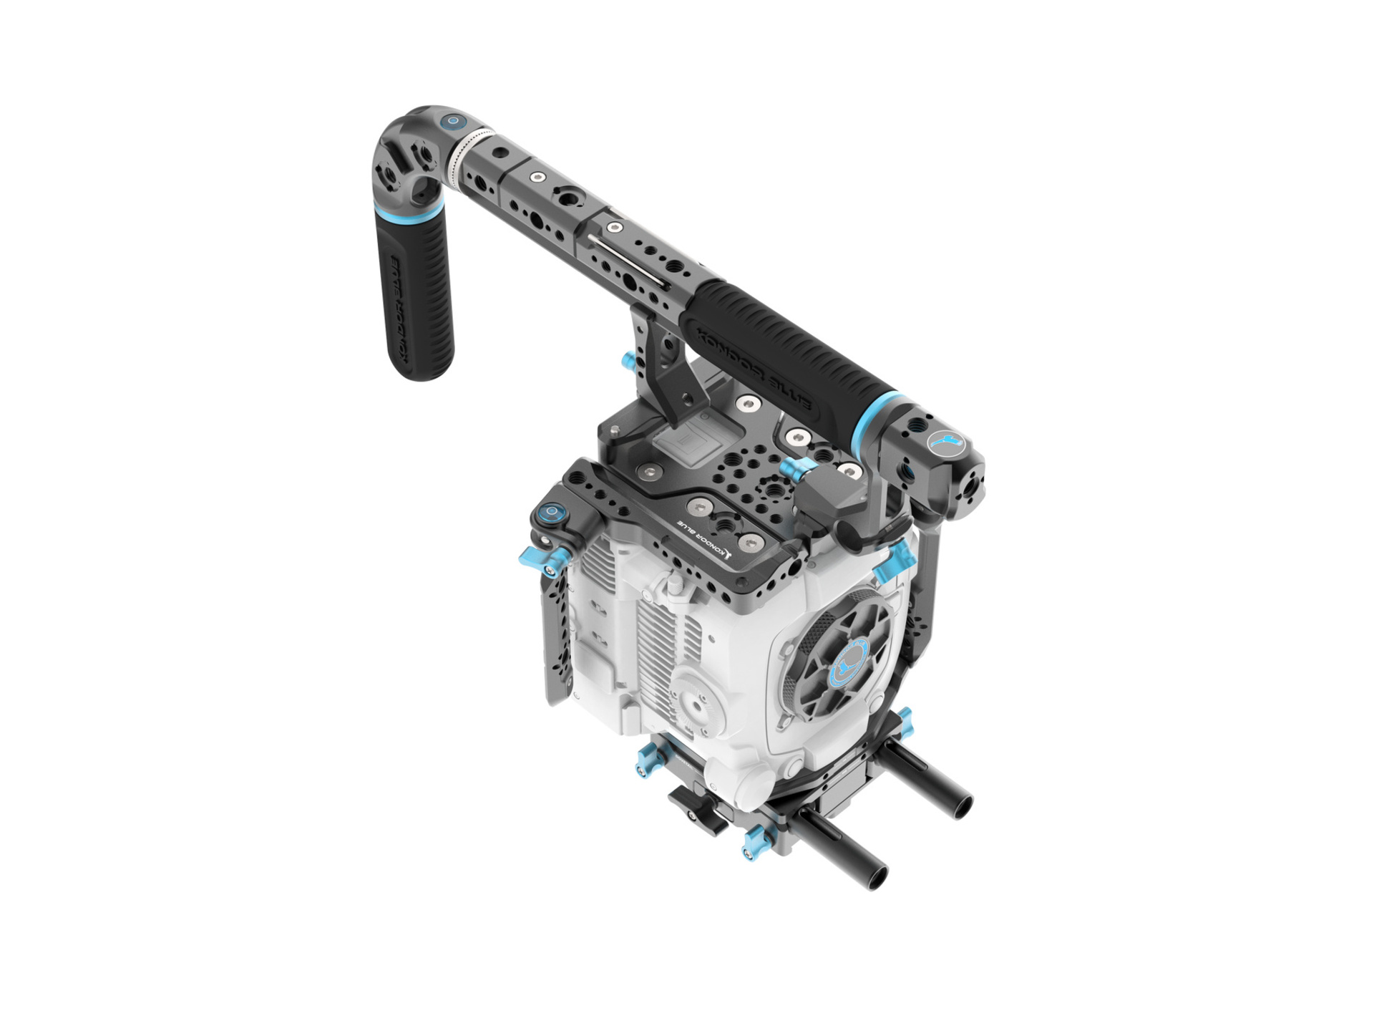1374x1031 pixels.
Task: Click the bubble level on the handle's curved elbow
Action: coord(452,122)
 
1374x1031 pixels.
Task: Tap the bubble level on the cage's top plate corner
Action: coord(552,513)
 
